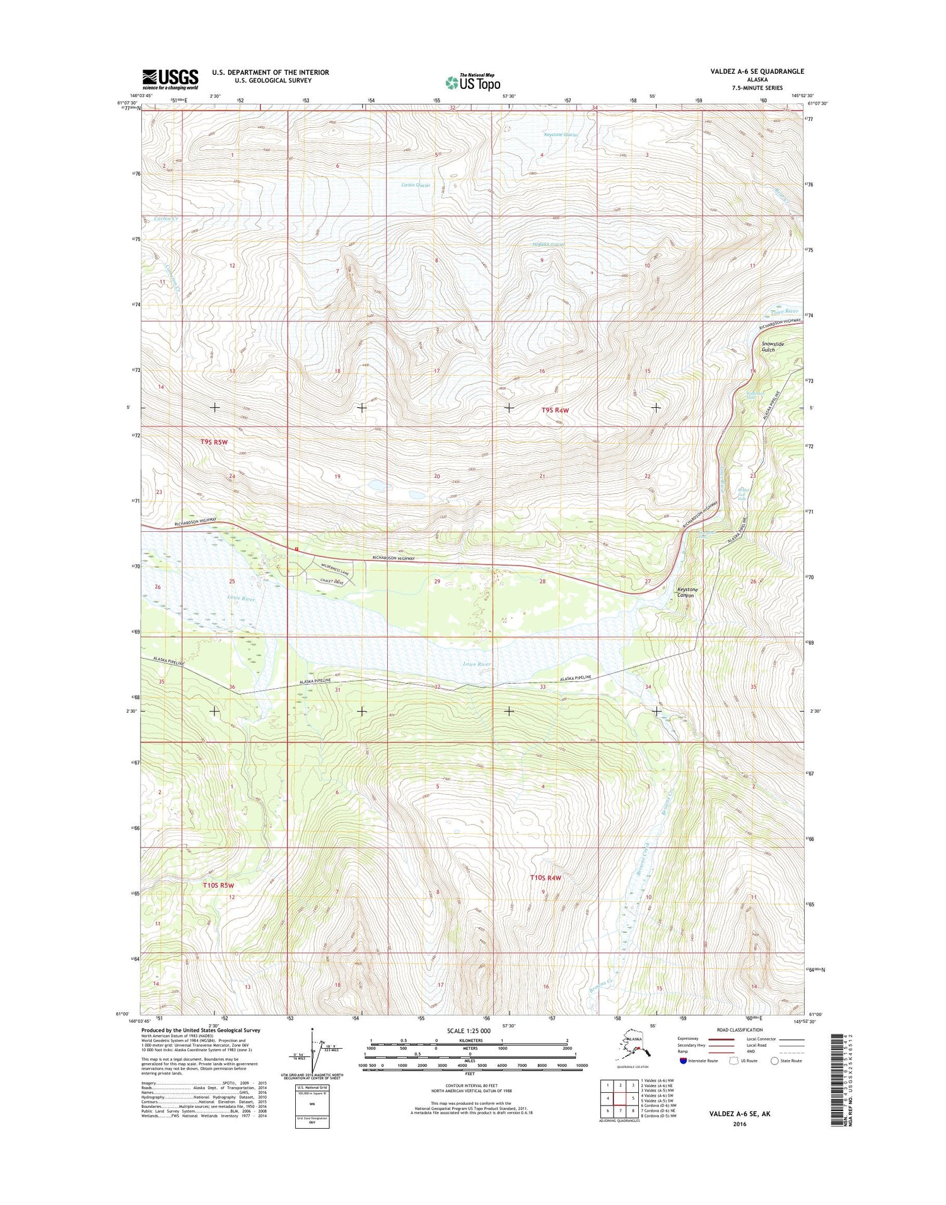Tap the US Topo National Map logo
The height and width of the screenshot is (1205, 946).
click(x=473, y=82)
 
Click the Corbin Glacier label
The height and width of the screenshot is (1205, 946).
click(x=416, y=185)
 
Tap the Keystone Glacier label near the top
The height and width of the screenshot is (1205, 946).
click(x=561, y=134)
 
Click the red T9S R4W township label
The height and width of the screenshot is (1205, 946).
click(x=555, y=410)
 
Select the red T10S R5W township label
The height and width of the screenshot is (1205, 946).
click(x=218, y=885)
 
